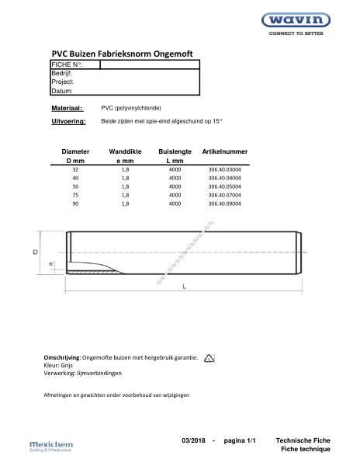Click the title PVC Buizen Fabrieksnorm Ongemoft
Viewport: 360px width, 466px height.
click(122, 53)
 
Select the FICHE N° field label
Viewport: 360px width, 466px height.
click(66, 64)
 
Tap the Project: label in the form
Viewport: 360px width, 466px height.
click(63, 82)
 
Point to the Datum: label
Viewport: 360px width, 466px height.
click(62, 91)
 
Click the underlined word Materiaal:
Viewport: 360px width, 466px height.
click(67, 108)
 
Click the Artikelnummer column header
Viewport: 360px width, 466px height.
click(225, 151)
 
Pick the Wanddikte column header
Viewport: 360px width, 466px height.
click(125, 151)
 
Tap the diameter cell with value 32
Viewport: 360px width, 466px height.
click(75, 169)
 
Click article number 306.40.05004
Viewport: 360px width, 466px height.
click(225, 186)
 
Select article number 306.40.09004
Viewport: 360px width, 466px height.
click(225, 203)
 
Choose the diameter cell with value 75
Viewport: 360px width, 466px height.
click(75, 195)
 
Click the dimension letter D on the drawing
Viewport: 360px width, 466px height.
click(36, 253)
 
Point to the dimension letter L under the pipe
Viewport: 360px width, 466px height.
click(184, 287)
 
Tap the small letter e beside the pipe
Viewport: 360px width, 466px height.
click(50, 265)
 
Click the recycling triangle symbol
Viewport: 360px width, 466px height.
click(209, 358)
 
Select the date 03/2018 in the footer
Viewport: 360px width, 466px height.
click(194, 440)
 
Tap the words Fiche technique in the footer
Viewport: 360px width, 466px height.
click(305, 450)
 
